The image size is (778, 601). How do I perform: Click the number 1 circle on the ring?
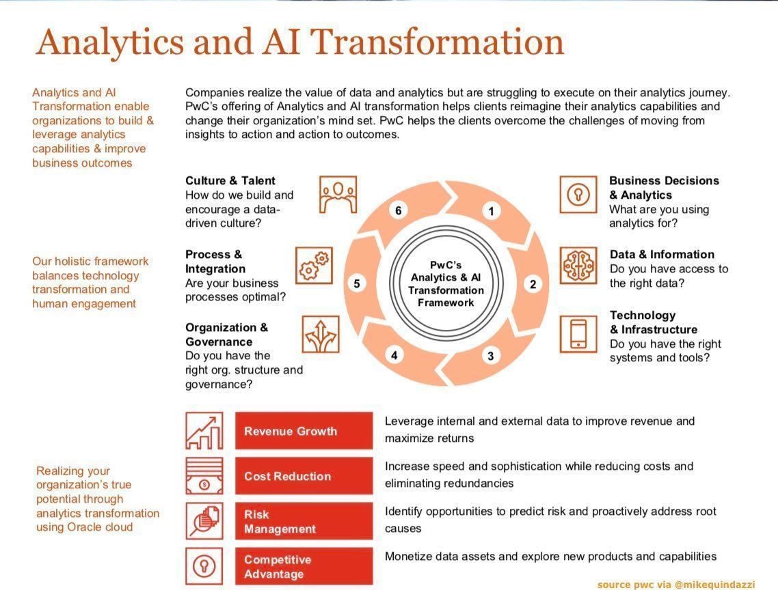tap(491, 211)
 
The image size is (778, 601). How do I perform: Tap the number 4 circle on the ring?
tap(394, 355)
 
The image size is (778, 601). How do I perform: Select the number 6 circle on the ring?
tap(399, 210)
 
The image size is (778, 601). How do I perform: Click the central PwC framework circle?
tap(446, 283)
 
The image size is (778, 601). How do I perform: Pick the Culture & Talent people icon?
tap(338, 195)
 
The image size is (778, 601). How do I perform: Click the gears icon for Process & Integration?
tap(314, 266)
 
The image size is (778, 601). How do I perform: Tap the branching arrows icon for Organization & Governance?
tap(321, 335)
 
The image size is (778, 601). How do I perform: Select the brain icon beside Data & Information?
tap(578, 266)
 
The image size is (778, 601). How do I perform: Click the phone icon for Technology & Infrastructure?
tap(578, 334)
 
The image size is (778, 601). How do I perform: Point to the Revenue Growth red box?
tap(304, 431)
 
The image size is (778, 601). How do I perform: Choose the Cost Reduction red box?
tap(304, 476)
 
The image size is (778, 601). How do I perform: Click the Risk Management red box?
tap(304, 522)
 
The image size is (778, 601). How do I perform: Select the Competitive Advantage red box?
tap(304, 567)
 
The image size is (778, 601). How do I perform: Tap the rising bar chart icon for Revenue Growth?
tap(204, 431)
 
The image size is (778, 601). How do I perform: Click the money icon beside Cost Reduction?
tap(204, 476)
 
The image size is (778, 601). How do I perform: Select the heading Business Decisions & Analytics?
tap(663, 187)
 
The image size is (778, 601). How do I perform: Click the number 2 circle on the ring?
tap(533, 285)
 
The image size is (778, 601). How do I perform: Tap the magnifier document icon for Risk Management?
tap(204, 522)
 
